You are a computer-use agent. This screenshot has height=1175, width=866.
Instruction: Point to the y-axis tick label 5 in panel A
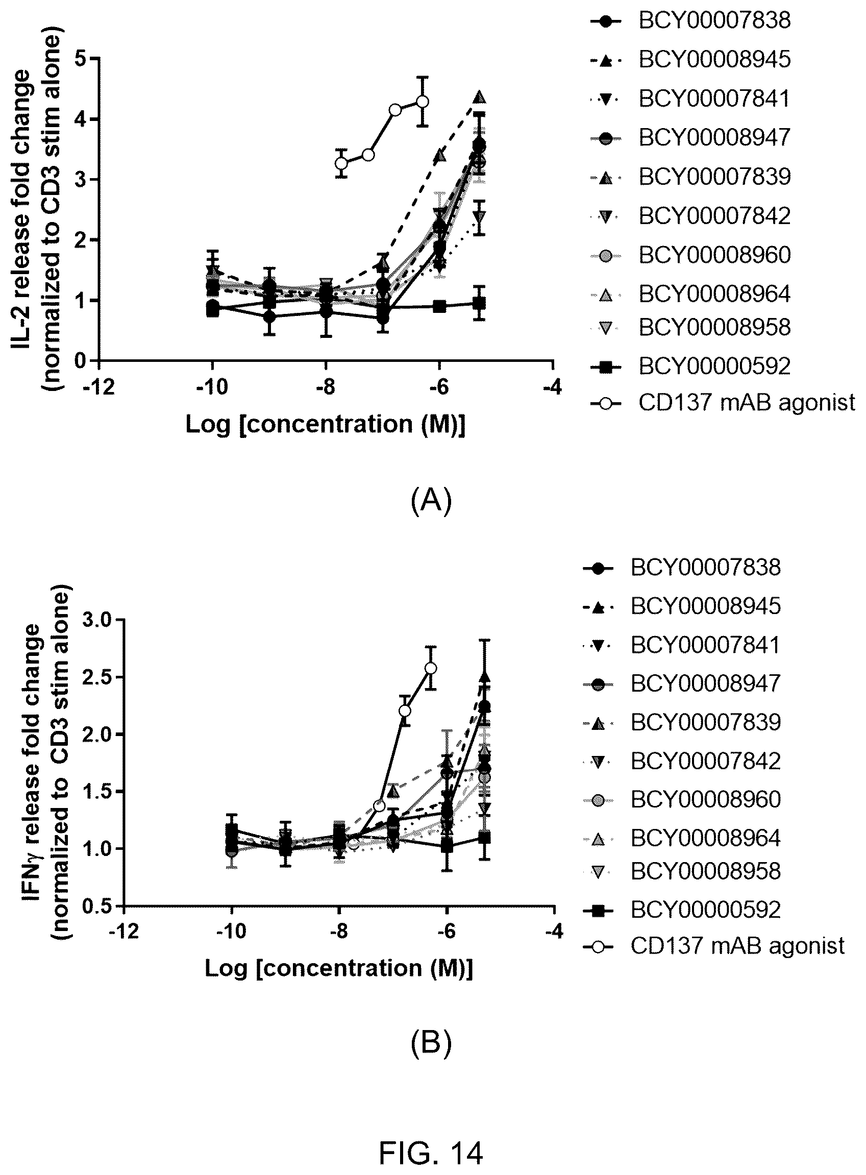point(81,59)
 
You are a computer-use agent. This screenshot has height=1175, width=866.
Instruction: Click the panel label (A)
point(431,501)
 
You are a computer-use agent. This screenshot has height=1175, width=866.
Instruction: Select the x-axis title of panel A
point(326,424)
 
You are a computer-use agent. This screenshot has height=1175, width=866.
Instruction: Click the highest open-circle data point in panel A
point(423,102)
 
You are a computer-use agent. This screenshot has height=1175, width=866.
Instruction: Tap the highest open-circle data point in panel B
point(431,668)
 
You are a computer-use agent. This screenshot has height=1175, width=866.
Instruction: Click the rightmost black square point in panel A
point(479,303)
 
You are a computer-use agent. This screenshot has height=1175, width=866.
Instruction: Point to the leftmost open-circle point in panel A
point(342,163)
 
